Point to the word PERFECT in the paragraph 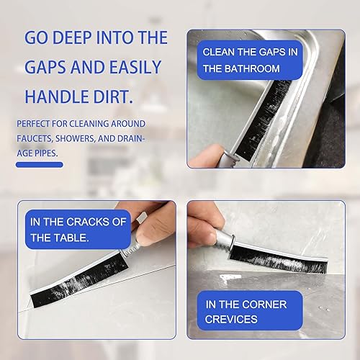point(36,124)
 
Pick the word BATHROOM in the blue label point(252,68)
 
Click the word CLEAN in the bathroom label point(220,53)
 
